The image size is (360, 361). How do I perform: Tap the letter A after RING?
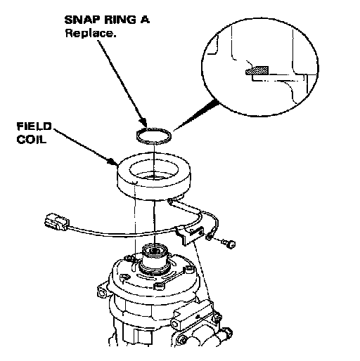pyautogui.click(x=145, y=20)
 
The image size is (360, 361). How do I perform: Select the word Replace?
pyautogui.click(x=91, y=33)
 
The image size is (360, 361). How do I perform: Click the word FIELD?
pyautogui.click(x=34, y=126)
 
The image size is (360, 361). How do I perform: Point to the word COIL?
pyautogui.click(x=31, y=139)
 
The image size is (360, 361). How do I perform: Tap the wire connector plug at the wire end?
pyautogui.click(x=56, y=221)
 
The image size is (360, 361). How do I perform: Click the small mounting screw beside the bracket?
pyautogui.click(x=229, y=244)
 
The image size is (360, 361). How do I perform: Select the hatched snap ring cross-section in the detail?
pyautogui.click(x=257, y=70)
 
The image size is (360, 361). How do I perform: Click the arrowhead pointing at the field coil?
pyautogui.click(x=113, y=162)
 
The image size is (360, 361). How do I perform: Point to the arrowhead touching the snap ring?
pyautogui.click(x=143, y=123)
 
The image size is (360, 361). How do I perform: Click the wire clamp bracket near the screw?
pyautogui.click(x=190, y=235)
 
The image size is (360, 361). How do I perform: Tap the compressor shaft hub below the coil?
pyautogui.click(x=154, y=258)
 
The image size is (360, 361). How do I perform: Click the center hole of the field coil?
pyautogui.click(x=153, y=170)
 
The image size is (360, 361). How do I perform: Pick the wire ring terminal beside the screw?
pyautogui.click(x=209, y=237)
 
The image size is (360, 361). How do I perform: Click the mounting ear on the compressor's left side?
pyautogui.click(x=102, y=291)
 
